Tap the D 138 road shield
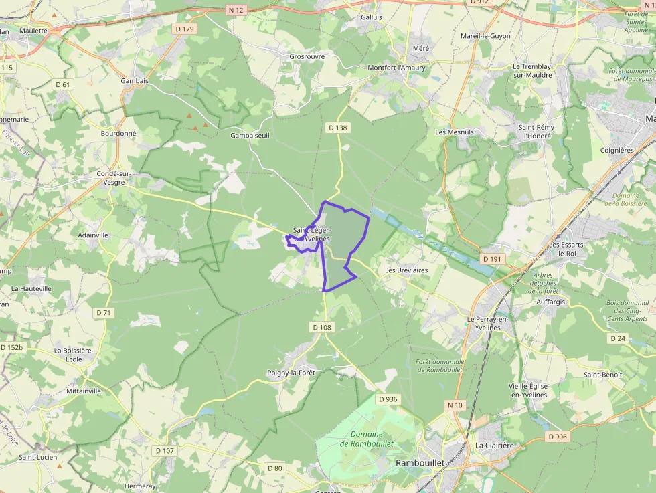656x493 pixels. click(x=338, y=127)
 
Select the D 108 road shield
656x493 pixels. click(x=322, y=327)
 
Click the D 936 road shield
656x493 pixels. click(x=388, y=399)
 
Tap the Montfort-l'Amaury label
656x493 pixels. click(x=397, y=68)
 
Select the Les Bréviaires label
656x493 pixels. click(x=406, y=270)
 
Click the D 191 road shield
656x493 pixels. click(x=491, y=258)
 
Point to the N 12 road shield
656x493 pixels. click(x=236, y=9)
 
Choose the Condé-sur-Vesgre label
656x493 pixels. click(x=113, y=177)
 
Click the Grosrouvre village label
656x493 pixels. click(x=307, y=57)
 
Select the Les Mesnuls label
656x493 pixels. click(x=455, y=132)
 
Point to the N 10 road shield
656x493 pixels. click(x=455, y=405)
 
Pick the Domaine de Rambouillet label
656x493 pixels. click(x=366, y=439)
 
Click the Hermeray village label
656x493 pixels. click(x=140, y=486)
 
